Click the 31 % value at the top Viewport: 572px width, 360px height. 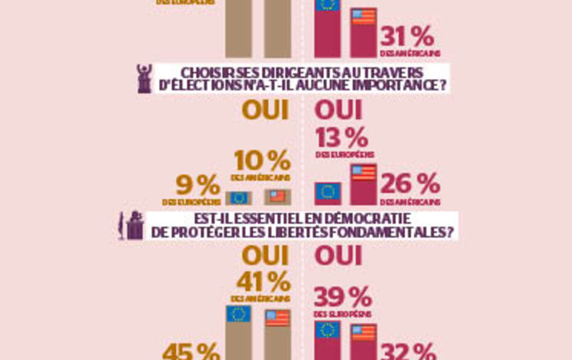(x=407, y=37)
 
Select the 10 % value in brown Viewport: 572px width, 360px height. (x=262, y=162)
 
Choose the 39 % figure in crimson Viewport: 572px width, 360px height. (x=342, y=298)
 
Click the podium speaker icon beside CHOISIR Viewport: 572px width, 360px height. (x=144, y=78)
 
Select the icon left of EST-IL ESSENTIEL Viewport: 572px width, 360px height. (x=131, y=225)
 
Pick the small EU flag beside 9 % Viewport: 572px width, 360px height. (x=239, y=198)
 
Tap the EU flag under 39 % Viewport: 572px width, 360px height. (x=328, y=330)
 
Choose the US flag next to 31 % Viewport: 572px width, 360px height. (x=364, y=17)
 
